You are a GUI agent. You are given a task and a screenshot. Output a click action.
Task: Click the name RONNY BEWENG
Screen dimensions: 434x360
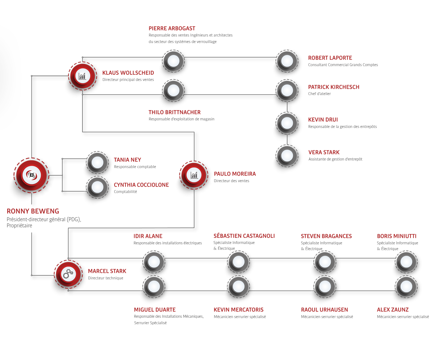(x=33, y=211)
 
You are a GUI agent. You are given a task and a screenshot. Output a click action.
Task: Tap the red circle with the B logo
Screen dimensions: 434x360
(x=31, y=175)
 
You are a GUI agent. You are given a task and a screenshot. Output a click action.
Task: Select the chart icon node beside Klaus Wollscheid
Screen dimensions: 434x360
(x=82, y=76)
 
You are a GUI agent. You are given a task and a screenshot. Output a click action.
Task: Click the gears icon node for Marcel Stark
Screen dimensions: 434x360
(x=68, y=274)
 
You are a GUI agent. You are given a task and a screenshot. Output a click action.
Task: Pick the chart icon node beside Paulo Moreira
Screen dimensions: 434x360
(x=194, y=175)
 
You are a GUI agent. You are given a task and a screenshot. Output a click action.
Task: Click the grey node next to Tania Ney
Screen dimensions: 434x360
(x=97, y=162)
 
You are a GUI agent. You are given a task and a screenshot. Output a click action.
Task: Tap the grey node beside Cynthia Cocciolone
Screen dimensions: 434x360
(x=97, y=187)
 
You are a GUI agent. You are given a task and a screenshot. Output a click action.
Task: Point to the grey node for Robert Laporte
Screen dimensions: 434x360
(x=287, y=61)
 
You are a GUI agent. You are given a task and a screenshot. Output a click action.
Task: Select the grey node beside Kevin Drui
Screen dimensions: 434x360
(x=287, y=123)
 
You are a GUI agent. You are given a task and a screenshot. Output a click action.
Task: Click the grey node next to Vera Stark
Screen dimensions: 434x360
(x=287, y=155)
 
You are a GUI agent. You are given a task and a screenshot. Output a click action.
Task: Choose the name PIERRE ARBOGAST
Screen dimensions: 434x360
(x=172, y=29)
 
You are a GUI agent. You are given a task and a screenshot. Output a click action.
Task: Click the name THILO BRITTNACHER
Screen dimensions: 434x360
(x=175, y=112)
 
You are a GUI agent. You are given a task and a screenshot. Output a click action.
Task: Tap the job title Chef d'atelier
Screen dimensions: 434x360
(x=319, y=94)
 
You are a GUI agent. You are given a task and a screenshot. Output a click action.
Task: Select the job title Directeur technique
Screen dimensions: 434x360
(x=106, y=278)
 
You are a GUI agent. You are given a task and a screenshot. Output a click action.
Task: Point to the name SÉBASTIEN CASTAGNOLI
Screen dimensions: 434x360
(x=244, y=236)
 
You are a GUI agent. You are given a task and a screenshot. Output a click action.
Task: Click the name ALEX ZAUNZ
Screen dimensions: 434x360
(x=393, y=310)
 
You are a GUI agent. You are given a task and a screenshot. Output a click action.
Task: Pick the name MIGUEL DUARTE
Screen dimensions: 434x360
(x=155, y=310)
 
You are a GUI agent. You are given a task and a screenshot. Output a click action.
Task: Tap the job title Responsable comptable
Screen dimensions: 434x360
(x=135, y=167)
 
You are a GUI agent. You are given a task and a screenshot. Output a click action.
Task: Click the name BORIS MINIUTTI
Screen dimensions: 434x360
(x=397, y=236)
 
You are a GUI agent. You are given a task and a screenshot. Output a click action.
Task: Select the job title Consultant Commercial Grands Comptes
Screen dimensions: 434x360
(x=343, y=65)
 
